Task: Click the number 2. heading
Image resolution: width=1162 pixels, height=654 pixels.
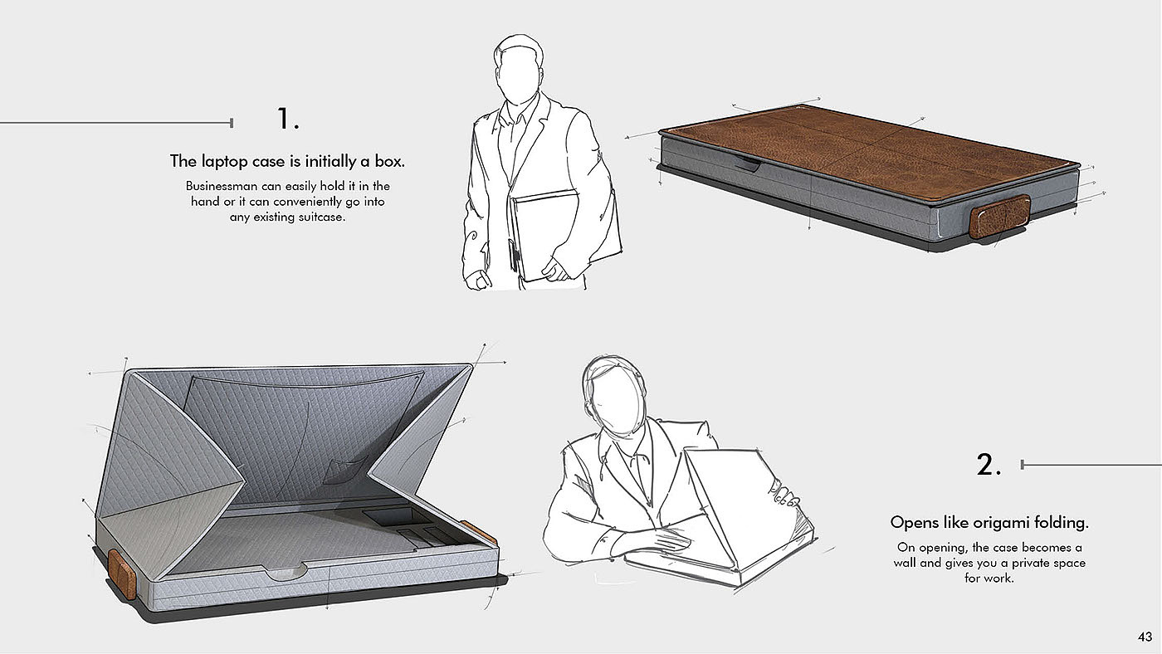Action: (989, 465)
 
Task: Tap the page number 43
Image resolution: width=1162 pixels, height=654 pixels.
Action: (1145, 637)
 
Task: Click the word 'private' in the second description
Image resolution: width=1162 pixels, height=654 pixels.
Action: (1031, 563)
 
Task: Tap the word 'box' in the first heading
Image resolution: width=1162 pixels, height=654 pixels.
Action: (389, 161)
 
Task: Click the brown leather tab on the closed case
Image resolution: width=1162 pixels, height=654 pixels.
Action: (999, 217)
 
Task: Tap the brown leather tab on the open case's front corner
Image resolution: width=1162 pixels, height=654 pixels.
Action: (123, 574)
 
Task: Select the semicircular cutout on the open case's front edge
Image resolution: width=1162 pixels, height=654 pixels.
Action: (286, 571)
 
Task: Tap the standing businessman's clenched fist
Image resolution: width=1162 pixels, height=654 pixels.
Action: (478, 281)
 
